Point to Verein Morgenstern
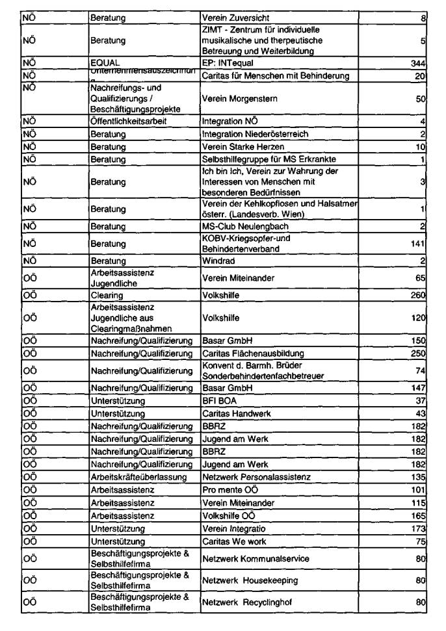pyautogui.click(x=240, y=99)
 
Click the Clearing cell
pyautogui.click(x=107, y=295)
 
